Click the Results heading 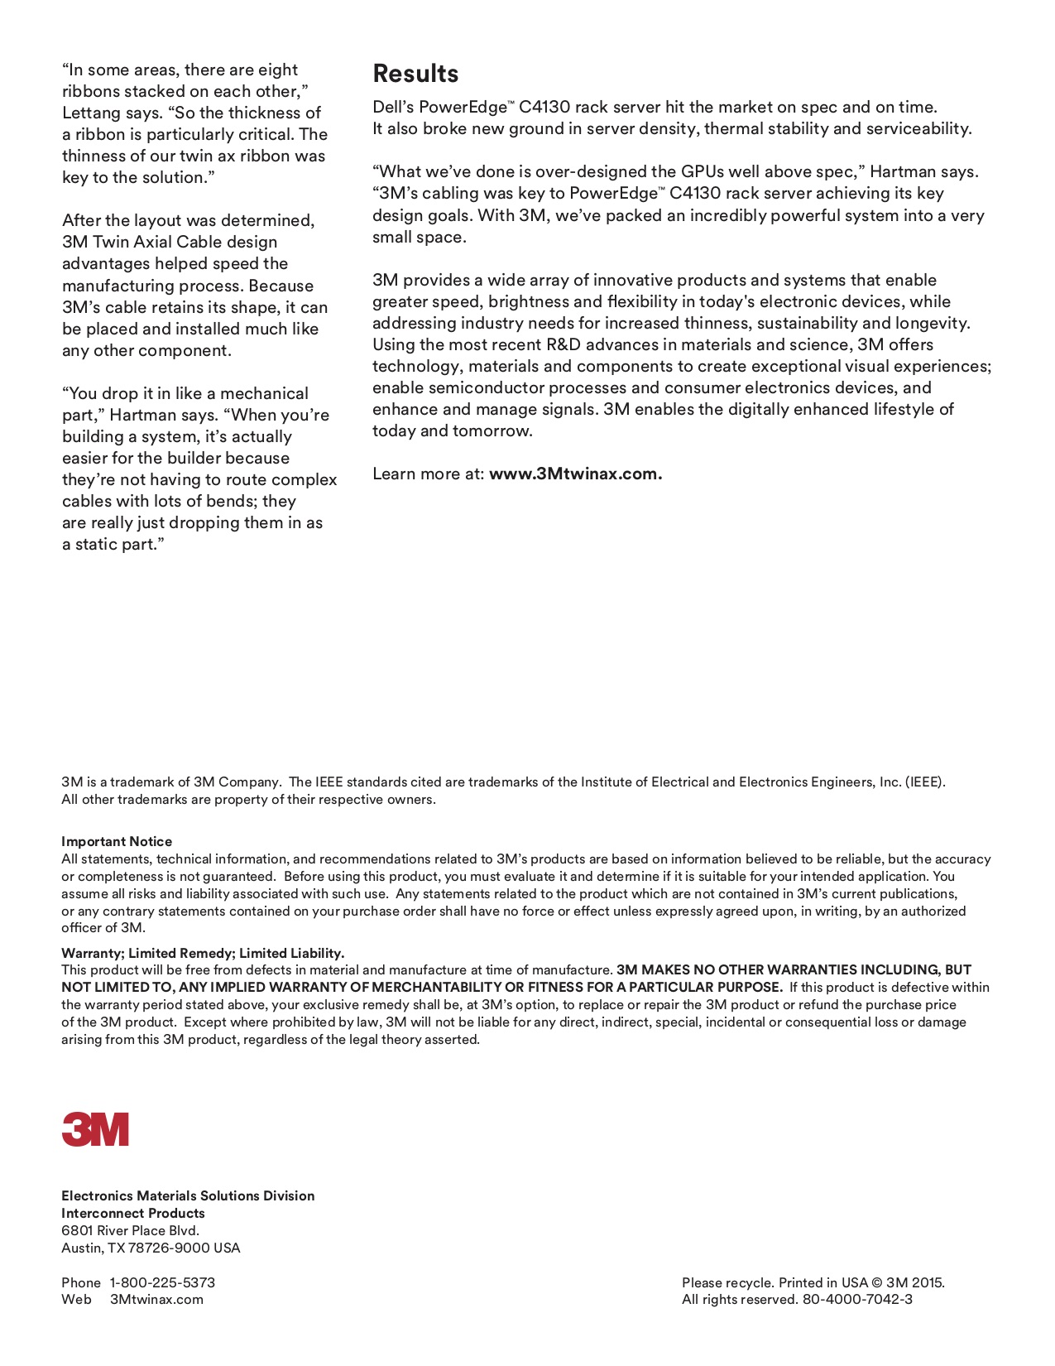pyautogui.click(x=415, y=74)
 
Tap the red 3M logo pyautogui.click(x=95, y=1129)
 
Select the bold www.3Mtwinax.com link pyautogui.click(x=575, y=474)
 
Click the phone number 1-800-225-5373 pyautogui.click(x=162, y=1282)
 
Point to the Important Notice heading pyautogui.click(x=117, y=841)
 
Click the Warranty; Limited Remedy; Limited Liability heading pyautogui.click(x=203, y=953)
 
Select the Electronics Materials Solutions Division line pyautogui.click(x=188, y=1195)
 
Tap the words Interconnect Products pyautogui.click(x=133, y=1213)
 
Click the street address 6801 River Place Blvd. pyautogui.click(x=130, y=1230)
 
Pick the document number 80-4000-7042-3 pyautogui.click(x=857, y=1299)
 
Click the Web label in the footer pyautogui.click(x=76, y=1299)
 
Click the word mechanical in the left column pyautogui.click(x=264, y=394)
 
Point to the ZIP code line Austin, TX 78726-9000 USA pyautogui.click(x=151, y=1248)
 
